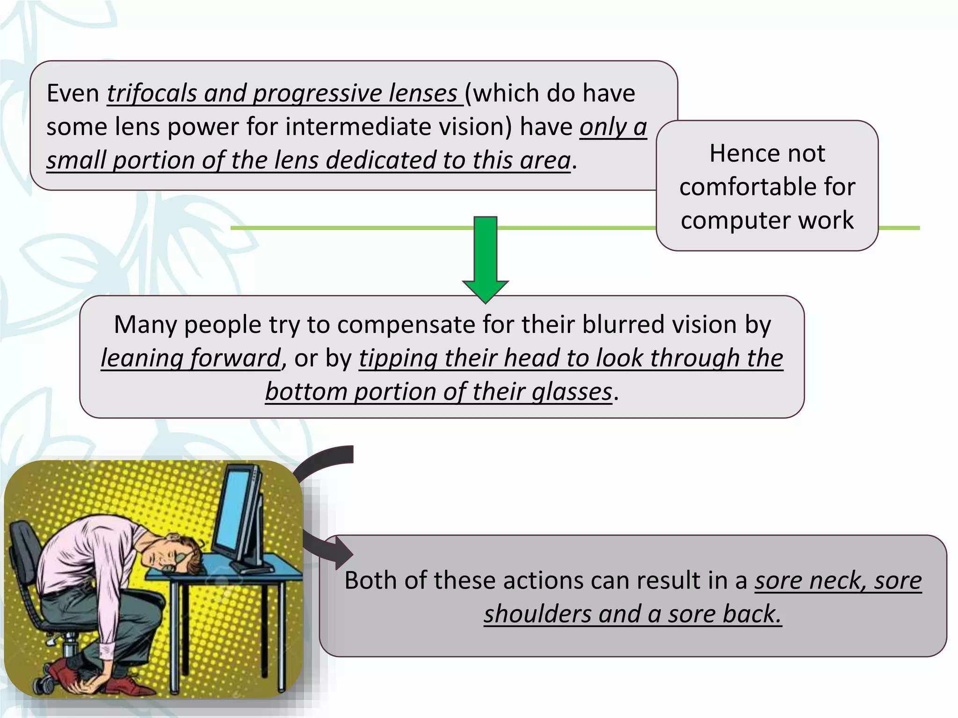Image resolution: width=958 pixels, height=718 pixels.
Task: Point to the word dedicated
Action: (x=381, y=160)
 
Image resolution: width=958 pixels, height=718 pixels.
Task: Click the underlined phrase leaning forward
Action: (x=190, y=358)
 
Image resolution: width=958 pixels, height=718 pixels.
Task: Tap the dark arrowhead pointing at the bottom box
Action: (x=342, y=553)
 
